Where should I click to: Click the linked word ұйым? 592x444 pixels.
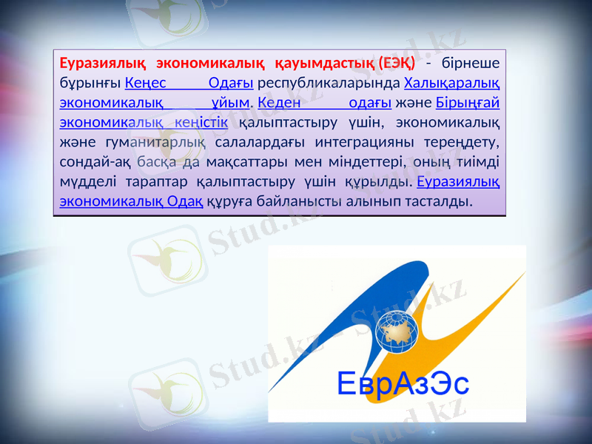[229, 101]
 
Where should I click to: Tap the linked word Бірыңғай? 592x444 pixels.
[467, 101]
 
